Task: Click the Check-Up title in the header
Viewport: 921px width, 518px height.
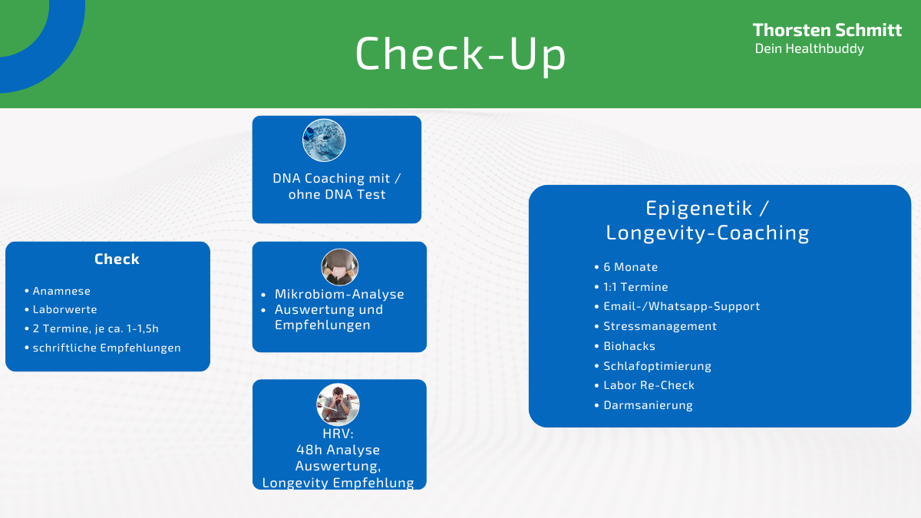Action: tap(460, 54)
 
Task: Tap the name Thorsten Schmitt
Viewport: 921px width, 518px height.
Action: tap(827, 30)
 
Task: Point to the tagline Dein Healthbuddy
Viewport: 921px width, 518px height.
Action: tap(809, 49)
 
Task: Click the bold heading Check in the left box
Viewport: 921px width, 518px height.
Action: tap(117, 259)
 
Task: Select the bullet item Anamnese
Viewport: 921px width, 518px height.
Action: tap(61, 291)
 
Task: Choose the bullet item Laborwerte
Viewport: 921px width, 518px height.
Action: tap(65, 309)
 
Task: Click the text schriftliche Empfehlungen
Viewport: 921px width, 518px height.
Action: tap(107, 348)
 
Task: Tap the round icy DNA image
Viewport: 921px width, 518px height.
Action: tap(324, 140)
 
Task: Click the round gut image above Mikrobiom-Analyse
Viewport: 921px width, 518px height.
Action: tap(339, 267)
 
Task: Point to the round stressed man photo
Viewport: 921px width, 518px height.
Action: tap(338, 404)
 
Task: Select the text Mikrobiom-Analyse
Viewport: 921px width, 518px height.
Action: tap(339, 294)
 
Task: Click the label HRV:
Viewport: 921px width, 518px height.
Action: tap(338, 434)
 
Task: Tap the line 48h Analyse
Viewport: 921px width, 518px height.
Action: tap(338, 450)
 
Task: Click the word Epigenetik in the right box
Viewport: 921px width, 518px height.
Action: tap(699, 209)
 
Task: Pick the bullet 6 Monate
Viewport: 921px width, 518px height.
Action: tap(631, 267)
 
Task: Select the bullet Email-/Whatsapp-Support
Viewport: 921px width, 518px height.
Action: tap(682, 306)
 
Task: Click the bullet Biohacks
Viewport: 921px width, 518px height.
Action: tap(629, 346)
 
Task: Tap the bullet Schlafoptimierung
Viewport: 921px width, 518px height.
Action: tap(658, 366)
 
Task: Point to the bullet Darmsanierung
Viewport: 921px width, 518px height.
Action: tap(648, 405)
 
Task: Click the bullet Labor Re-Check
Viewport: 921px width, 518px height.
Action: tap(649, 385)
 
